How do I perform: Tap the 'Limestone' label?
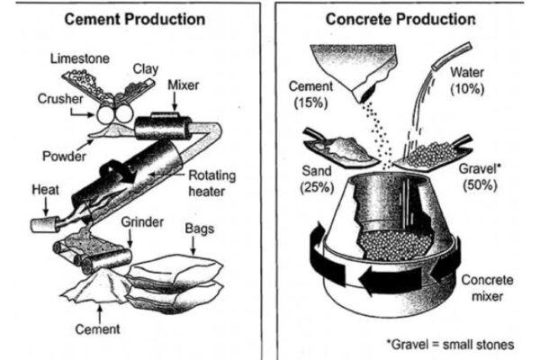(79, 58)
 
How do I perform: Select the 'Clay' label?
(146, 67)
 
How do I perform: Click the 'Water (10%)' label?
(467, 80)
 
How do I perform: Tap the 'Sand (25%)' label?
(313, 177)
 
